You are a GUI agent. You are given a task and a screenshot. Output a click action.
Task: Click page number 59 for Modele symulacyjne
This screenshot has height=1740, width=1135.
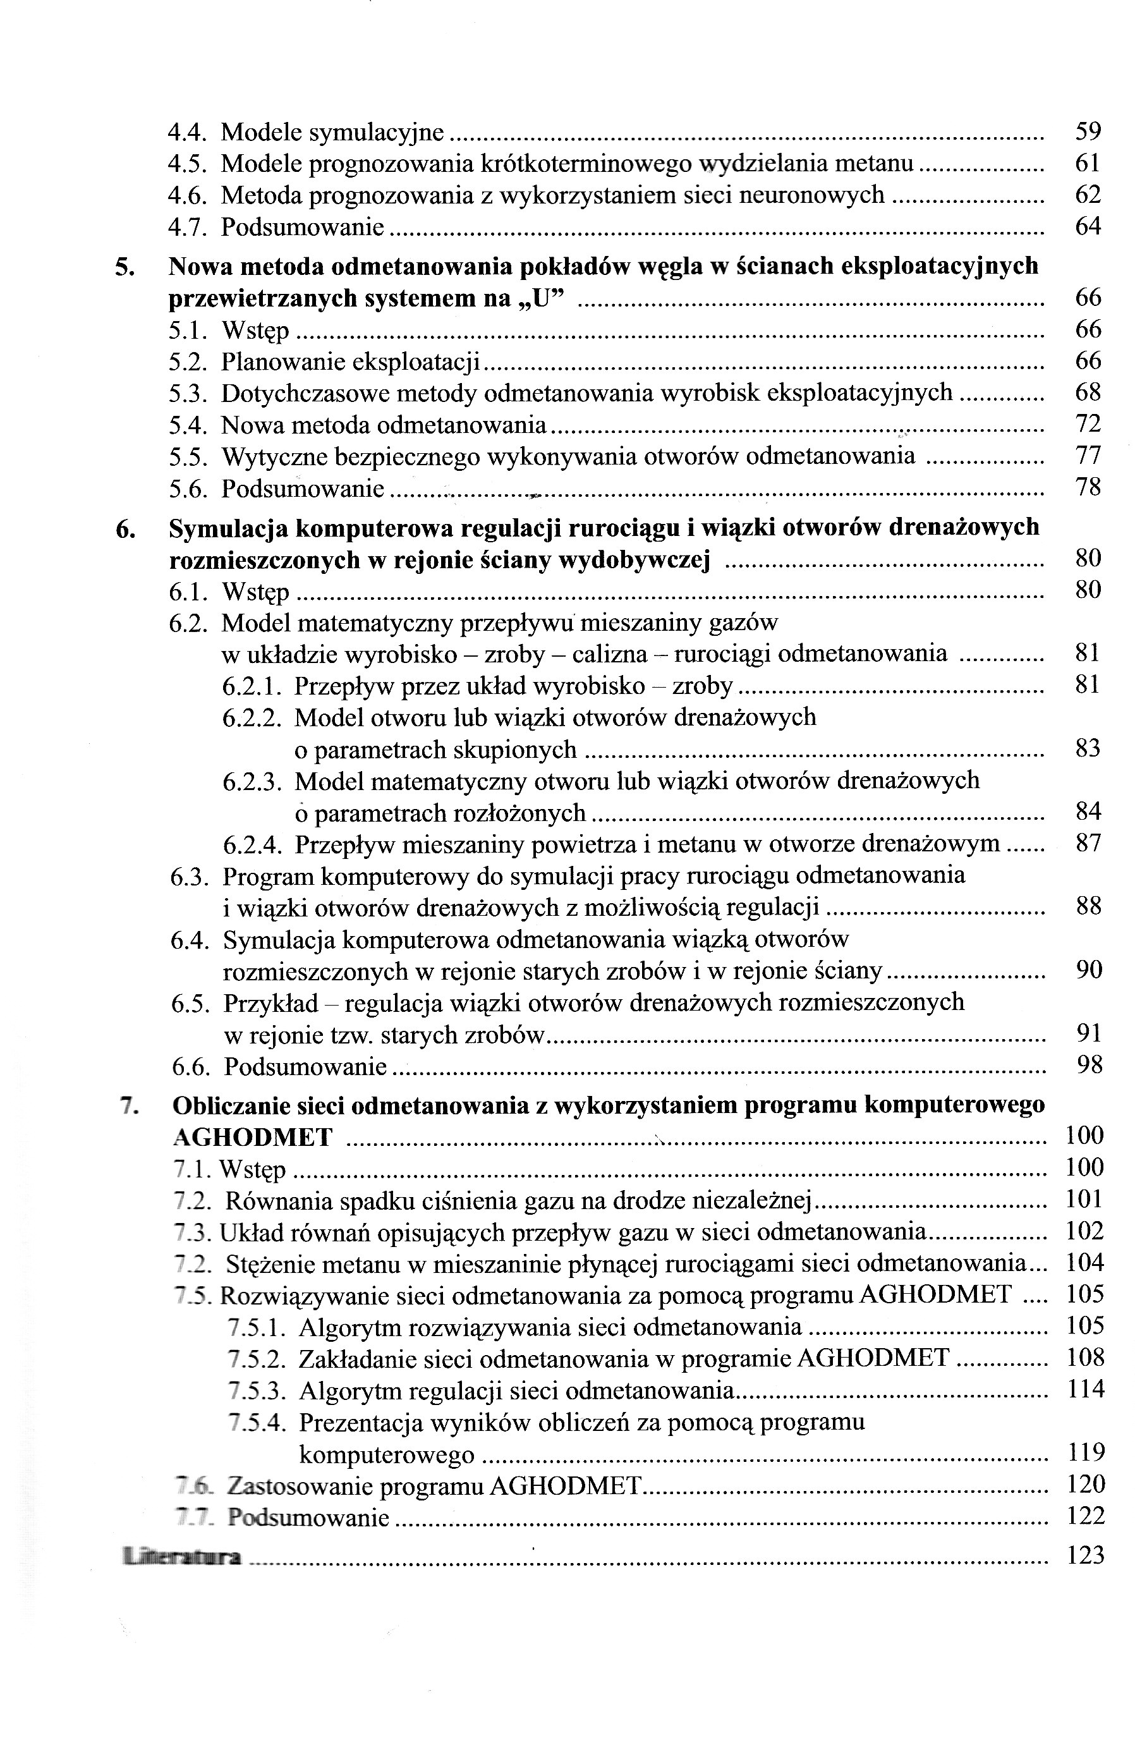1088,131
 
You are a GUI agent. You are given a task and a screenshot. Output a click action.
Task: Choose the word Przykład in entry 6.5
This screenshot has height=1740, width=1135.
271,1003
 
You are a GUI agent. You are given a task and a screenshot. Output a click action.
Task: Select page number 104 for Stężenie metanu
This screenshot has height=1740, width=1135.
1084,1263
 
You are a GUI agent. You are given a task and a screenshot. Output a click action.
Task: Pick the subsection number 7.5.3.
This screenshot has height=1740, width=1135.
256,1390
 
